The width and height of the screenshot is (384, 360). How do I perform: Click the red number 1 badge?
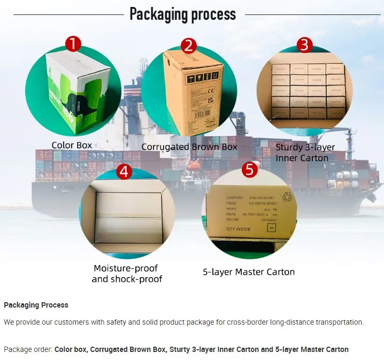[73, 43]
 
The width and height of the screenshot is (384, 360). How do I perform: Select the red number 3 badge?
[304, 45]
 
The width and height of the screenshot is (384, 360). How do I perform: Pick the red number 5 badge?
[249, 170]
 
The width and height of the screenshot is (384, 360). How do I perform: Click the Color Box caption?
[72, 145]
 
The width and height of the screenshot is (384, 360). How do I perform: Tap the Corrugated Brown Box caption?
[189, 147]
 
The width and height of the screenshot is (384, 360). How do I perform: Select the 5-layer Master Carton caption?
[249, 272]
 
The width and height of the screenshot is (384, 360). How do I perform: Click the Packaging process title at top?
[182, 14]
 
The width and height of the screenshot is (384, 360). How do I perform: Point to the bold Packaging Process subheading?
[36, 305]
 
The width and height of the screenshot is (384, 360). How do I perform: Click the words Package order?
[28, 349]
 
